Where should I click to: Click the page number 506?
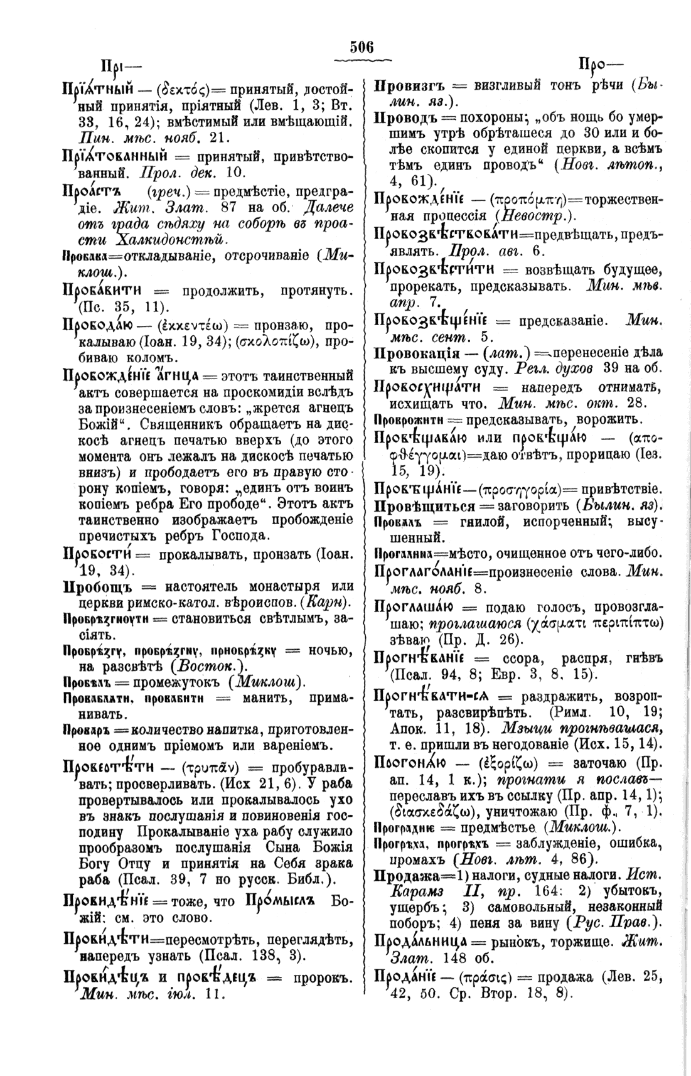click(x=362, y=47)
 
